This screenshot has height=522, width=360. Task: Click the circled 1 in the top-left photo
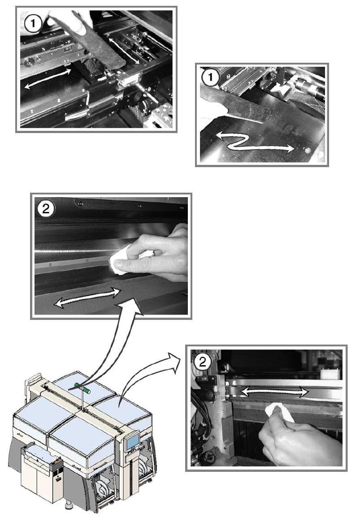(x=33, y=24)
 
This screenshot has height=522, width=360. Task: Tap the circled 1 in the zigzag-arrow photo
(x=210, y=78)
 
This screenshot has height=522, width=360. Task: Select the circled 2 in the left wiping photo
(x=46, y=209)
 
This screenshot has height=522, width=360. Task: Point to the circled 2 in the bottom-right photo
(x=203, y=362)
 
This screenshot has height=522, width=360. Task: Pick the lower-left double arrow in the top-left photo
(x=48, y=78)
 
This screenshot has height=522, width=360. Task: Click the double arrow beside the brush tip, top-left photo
(x=123, y=50)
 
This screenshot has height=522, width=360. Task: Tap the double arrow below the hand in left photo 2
(x=87, y=297)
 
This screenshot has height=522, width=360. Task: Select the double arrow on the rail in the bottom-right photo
(x=274, y=392)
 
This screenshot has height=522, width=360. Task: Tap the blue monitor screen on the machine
(x=133, y=441)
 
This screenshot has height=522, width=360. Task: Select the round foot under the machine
(x=69, y=507)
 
